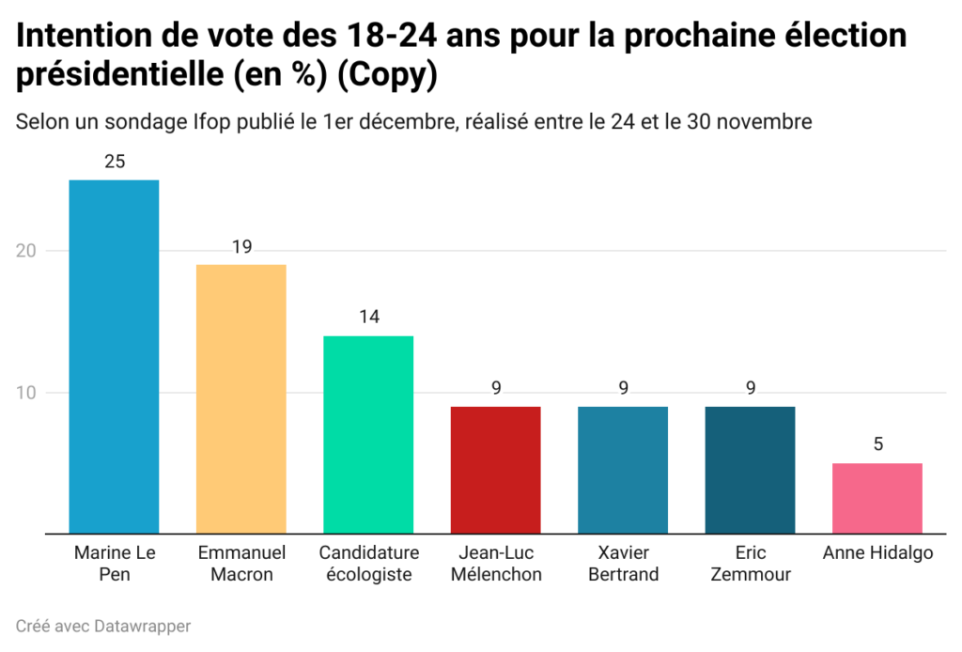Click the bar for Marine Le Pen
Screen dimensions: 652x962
pos(114,356)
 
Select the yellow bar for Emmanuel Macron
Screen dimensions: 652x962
pos(240,398)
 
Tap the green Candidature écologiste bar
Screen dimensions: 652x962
pos(368,434)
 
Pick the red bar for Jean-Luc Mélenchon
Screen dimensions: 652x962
pos(495,470)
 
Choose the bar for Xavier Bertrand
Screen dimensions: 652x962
pos(623,470)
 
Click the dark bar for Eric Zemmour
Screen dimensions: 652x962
pos(750,470)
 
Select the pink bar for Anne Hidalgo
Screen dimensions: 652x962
pos(877,498)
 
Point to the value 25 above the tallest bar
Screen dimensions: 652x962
pos(115,162)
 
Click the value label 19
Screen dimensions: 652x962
pos(241,247)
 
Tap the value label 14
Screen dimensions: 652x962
pos(368,318)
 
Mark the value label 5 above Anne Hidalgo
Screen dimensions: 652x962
pos(877,444)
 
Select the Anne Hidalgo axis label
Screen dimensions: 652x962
pos(877,552)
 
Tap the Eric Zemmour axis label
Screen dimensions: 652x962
pos(750,564)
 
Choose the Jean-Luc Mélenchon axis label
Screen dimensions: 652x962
pos(496,564)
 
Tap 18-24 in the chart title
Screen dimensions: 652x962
pos(380,37)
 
